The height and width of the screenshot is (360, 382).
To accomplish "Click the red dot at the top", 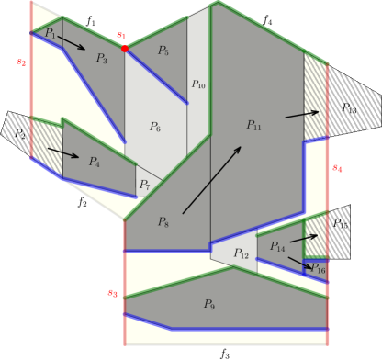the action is (124, 49).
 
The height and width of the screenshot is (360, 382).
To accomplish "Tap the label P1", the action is (51, 33).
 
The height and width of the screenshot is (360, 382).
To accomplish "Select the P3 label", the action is (102, 59).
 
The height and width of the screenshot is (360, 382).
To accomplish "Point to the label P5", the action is (163, 51).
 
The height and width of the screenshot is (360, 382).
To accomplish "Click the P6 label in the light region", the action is (155, 127).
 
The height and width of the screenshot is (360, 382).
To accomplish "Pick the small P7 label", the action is (145, 186).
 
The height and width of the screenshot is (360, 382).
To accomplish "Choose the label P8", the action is (163, 222).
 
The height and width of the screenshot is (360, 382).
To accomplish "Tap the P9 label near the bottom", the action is (208, 304).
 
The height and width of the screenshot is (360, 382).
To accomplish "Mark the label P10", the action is (198, 84).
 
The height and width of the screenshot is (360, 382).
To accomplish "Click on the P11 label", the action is (253, 125).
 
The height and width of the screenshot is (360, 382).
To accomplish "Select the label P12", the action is (241, 253).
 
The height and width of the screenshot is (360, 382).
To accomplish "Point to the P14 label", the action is (277, 247).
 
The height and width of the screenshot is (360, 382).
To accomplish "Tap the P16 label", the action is (318, 269).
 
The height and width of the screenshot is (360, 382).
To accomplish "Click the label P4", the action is (94, 162).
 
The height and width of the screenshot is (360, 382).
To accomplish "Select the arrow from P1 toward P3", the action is (72, 42).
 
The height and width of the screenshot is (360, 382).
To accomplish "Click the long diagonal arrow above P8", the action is (212, 179).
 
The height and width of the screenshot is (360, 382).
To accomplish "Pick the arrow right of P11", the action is (302, 114).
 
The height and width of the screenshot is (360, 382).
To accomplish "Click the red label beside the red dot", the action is (120, 36).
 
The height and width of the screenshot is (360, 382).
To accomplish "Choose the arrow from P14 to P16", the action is (299, 262).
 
